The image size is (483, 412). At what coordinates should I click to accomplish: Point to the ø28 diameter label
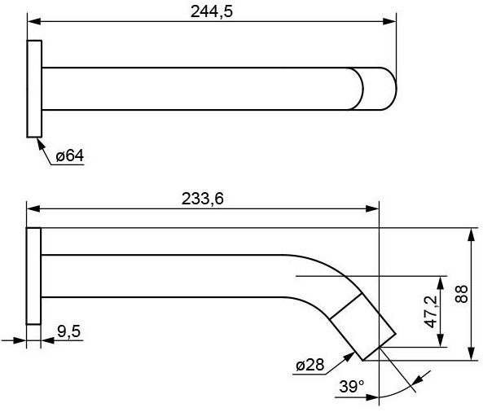(x=310, y=366)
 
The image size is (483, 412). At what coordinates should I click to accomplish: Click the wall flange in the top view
(x=34, y=88)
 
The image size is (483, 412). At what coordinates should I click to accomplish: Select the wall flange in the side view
(x=33, y=276)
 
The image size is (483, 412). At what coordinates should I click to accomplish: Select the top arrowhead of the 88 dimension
(x=472, y=233)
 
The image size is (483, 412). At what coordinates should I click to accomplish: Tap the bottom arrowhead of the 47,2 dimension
(x=441, y=341)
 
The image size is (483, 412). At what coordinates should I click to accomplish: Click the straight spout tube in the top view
(x=195, y=88)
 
